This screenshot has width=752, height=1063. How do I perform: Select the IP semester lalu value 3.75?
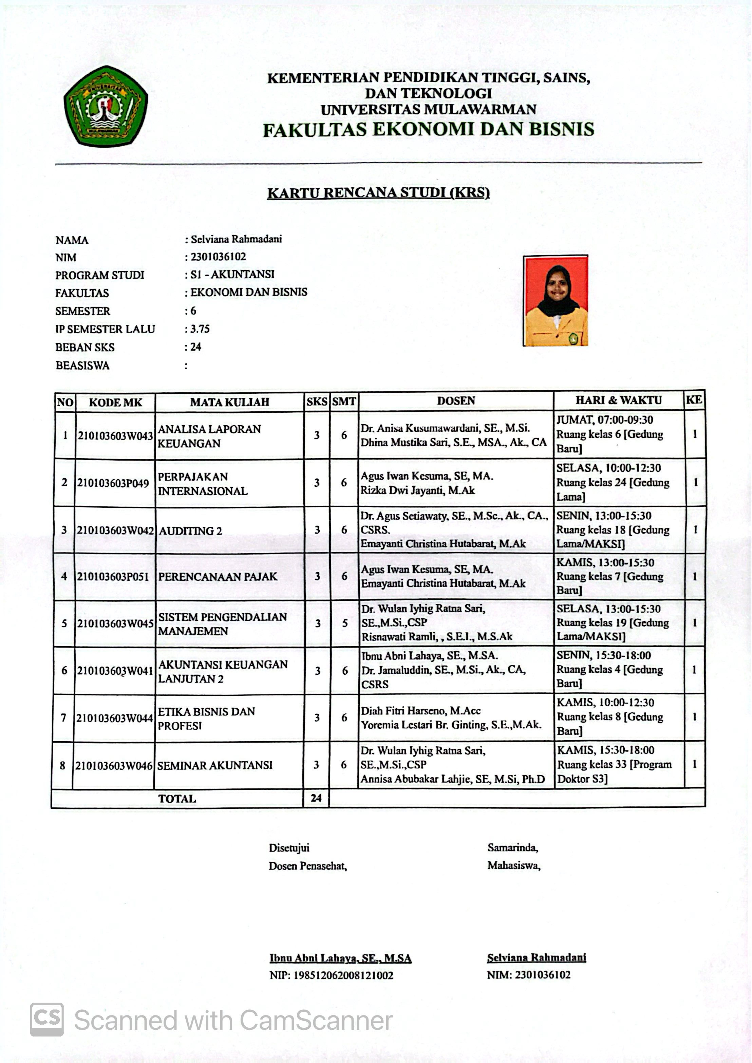tap(200, 329)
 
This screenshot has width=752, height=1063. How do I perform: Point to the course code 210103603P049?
tap(113, 483)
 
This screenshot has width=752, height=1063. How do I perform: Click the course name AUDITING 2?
tap(190, 531)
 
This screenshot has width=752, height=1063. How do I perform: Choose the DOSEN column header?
tap(456, 400)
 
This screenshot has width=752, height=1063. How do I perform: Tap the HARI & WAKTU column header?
tap(618, 400)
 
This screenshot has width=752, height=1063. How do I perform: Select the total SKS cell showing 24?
tap(316, 798)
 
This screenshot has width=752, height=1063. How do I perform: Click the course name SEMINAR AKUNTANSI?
tap(215, 765)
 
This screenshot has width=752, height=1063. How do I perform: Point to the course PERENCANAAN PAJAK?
tap(218, 577)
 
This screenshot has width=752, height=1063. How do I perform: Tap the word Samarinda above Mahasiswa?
tap(512, 848)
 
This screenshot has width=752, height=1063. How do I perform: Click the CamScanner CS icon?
tap(47, 1020)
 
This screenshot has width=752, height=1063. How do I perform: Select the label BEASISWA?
tap(82, 366)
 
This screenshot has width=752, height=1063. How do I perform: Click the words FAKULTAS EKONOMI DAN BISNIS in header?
tap(428, 130)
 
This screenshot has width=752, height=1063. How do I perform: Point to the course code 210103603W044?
tap(114, 719)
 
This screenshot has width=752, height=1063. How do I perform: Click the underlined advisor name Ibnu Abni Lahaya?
tap(340, 958)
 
